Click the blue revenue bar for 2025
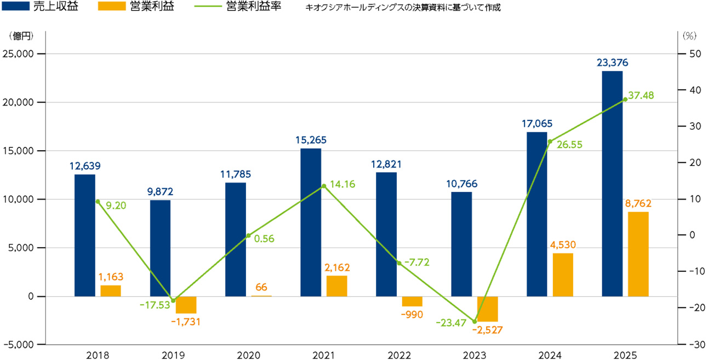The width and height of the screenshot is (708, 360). (x=612, y=184)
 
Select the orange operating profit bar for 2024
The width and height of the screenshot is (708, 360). (x=563, y=275)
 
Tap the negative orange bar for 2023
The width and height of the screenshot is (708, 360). (x=487, y=309)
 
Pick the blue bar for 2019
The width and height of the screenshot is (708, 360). (x=160, y=248)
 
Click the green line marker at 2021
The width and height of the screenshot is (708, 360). (x=324, y=186)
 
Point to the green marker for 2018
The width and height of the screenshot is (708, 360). (x=98, y=202)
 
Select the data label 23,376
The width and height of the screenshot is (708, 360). (x=612, y=62)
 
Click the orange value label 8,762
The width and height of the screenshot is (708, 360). (x=638, y=203)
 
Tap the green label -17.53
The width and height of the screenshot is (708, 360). (x=155, y=305)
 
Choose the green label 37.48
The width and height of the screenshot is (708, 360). (x=641, y=95)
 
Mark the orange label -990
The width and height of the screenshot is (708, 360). (x=412, y=315)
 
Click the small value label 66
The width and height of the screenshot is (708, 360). (x=261, y=287)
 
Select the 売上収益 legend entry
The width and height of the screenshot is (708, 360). (x=40, y=7)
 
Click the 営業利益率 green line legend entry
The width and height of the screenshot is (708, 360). (x=238, y=7)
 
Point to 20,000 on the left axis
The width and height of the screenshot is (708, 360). (x=18, y=102)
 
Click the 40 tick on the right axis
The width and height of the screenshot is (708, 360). (x=695, y=90)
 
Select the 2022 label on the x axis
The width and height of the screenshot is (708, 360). (x=399, y=355)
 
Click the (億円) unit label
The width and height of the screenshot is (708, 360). (x=21, y=36)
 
